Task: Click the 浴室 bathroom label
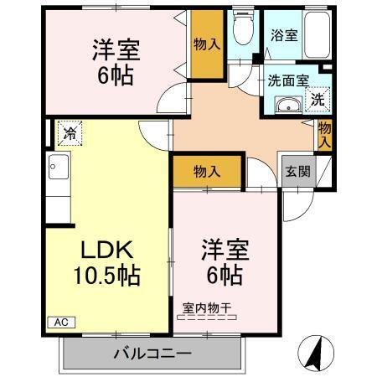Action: [x=283, y=36]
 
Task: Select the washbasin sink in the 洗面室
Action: [x=289, y=106]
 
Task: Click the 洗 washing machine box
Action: [x=318, y=99]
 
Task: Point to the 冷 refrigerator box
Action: [x=70, y=132]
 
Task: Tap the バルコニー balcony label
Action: [x=153, y=353]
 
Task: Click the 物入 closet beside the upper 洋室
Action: [x=207, y=44]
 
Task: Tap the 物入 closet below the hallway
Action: [x=208, y=172]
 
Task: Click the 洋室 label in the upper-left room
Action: [x=111, y=47]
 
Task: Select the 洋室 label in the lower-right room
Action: [x=222, y=250]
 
